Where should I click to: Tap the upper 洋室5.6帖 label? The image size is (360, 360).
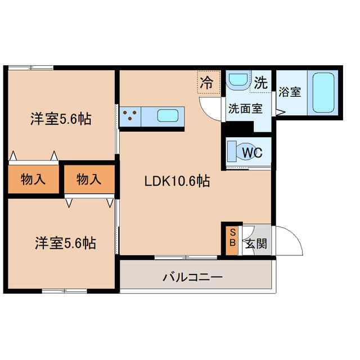[61, 119]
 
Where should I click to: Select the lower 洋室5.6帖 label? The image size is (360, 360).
[65, 243]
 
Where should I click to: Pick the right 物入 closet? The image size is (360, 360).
[89, 180]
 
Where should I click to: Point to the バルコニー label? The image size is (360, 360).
[193, 277]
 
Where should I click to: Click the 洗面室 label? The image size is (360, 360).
[245, 109]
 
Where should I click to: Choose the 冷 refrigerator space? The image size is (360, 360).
[207, 83]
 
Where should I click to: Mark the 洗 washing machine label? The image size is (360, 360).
[260, 83]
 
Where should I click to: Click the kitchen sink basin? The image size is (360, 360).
[168, 116]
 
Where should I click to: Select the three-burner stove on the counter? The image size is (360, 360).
[131, 116]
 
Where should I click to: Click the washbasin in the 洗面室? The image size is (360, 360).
[237, 80]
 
